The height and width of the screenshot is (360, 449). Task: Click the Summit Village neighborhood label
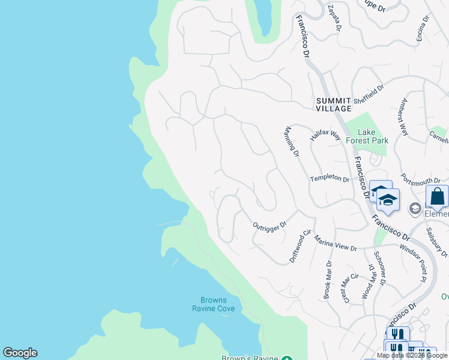(334, 104)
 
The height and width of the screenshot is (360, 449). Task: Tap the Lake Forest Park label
(373, 136)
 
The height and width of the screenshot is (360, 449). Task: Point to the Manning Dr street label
(292, 141)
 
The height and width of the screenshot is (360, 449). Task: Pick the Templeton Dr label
(329, 179)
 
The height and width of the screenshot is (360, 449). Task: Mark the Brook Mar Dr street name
(328, 280)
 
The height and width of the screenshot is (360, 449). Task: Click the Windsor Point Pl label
(412, 262)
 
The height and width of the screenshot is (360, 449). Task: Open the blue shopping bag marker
(437, 196)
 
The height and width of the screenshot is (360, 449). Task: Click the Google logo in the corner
(20, 353)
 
